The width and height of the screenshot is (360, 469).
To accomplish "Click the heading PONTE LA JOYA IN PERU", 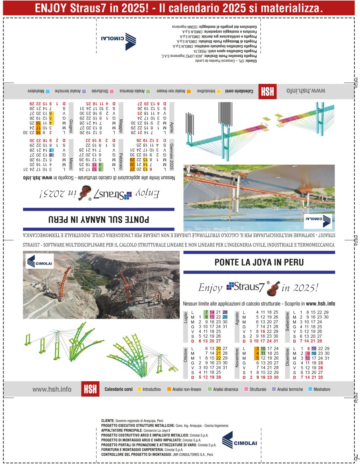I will tap(259, 262).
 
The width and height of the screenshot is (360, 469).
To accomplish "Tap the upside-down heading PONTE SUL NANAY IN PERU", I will tap(99, 219).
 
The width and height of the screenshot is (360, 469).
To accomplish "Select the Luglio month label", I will tap(186, 318).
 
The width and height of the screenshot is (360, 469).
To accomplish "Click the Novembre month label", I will tap(237, 358).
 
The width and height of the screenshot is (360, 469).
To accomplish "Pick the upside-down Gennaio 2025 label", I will tap(171, 156).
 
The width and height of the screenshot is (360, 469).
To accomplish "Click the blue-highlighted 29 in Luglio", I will tap(225, 317).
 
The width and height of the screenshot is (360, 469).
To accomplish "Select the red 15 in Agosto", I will tap(263, 331).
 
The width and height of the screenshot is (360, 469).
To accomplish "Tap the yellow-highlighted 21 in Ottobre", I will tap(218, 353).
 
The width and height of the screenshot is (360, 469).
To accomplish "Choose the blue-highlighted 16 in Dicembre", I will tap(314, 353).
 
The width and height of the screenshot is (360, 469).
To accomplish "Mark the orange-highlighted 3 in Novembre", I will tap(257, 348).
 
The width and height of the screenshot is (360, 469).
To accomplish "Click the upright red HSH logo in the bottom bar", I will tap(90, 389).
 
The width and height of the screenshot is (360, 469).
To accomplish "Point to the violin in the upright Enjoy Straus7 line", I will tap(273, 288).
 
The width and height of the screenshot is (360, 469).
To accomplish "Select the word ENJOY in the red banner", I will tap(50, 8).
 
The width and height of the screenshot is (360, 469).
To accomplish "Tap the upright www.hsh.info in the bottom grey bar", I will tap(52, 389).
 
